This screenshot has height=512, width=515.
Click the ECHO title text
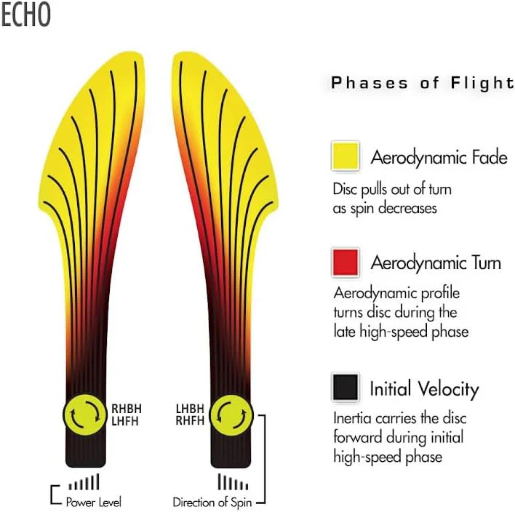tap(25, 15)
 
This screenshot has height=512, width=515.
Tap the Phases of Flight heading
tap(423, 83)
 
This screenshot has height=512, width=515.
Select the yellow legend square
tap(346, 156)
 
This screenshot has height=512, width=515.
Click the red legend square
tap(346, 263)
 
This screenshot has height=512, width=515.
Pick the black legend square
tap(346, 388)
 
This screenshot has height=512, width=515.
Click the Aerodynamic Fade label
tap(439, 157)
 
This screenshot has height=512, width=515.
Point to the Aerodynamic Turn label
tap(436, 263)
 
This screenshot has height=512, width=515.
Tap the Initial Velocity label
tap(425, 389)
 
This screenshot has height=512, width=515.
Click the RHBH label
tap(127, 409)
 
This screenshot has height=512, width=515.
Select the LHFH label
tap(125, 420)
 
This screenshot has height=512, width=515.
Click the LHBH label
tap(190, 409)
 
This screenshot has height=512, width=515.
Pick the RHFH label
tap(190, 420)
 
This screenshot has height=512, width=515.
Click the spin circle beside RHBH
tap(85, 415)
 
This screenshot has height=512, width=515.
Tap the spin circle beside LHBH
tap(231, 415)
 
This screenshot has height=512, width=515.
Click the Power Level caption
tap(94, 502)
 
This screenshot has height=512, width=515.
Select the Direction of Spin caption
tap(212, 502)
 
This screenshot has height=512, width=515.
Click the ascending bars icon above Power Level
tap(84, 481)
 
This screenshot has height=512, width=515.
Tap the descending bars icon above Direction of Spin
tap(233, 481)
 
